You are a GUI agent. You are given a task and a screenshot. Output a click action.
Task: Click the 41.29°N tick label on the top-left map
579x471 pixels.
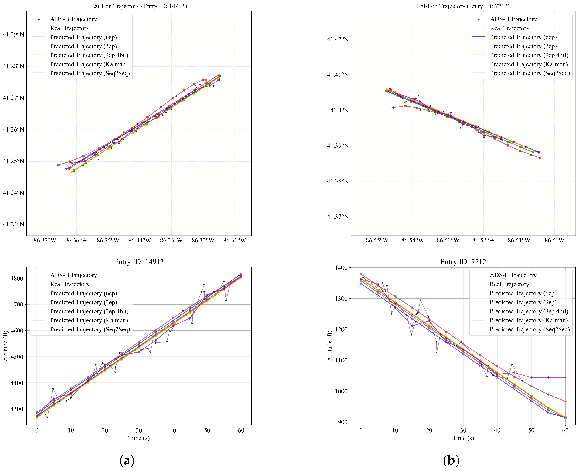[13, 34]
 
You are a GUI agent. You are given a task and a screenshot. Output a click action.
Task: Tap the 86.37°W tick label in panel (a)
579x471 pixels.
[45, 240]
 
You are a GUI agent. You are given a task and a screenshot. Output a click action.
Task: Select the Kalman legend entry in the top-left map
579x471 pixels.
[89, 64]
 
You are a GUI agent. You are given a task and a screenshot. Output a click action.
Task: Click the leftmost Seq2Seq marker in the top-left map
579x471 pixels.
[58, 165]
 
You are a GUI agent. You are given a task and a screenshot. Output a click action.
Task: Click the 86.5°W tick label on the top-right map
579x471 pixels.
[554, 240]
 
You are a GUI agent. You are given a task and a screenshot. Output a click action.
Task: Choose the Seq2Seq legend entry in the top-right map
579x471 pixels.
[530, 73]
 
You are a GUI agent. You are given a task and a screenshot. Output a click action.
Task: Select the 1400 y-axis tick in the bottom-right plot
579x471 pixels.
[341, 268]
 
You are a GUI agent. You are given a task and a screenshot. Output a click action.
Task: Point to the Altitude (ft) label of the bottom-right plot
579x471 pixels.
[330, 346]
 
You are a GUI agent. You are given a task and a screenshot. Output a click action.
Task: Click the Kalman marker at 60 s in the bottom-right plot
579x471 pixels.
[566, 378]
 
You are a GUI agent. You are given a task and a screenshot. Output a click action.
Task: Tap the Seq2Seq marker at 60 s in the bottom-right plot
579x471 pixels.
[566, 401]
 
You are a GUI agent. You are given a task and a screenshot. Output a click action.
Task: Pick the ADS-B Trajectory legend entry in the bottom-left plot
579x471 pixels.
[73, 275]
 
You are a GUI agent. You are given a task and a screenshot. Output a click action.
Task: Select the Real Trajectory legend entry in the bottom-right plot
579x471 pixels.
[509, 284]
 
